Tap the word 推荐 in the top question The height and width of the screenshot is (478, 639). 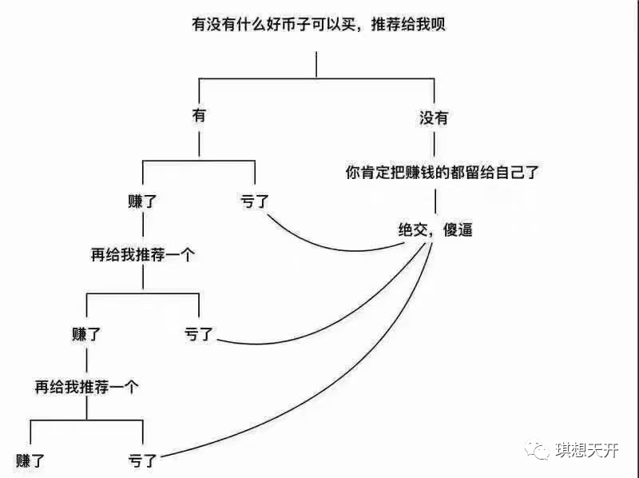click(x=385, y=24)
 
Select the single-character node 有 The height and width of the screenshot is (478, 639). click(x=199, y=115)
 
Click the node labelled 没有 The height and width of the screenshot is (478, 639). click(x=434, y=118)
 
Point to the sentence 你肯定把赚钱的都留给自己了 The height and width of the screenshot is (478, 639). click(x=443, y=172)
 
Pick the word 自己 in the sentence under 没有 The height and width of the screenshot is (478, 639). click(x=510, y=172)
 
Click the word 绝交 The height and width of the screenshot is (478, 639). click(x=413, y=229)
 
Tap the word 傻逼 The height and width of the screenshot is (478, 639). click(x=458, y=229)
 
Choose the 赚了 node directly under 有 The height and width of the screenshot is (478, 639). click(x=142, y=201)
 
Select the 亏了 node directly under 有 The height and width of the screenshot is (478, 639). click(x=255, y=201)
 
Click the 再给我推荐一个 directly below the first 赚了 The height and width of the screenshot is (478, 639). click(x=142, y=255)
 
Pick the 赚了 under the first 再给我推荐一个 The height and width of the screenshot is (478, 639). click(x=86, y=334)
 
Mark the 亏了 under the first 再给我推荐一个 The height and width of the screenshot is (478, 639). click(x=198, y=334)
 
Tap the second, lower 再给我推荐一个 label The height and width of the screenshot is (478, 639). click(x=86, y=387)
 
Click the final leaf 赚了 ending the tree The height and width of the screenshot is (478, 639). click(x=30, y=461)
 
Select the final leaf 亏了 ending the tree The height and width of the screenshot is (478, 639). click(x=142, y=461)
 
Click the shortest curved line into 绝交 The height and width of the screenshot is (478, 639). click(x=334, y=247)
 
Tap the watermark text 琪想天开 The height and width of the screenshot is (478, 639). click(x=587, y=450)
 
